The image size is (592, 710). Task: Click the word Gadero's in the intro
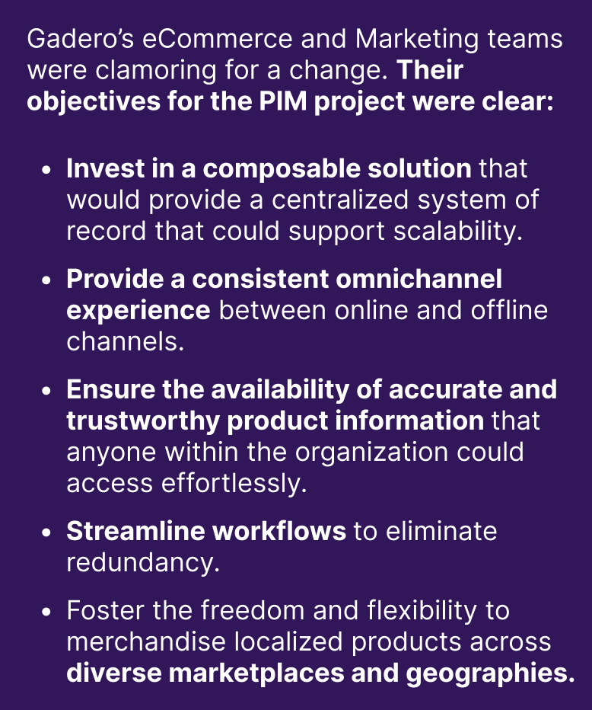click(81, 39)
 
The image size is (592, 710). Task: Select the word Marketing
click(416, 40)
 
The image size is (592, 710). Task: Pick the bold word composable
click(281, 169)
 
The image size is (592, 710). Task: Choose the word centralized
click(339, 200)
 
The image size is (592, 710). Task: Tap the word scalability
click(457, 232)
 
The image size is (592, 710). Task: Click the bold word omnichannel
click(419, 279)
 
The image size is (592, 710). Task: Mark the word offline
click(509, 310)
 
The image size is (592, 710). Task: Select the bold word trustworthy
click(142, 421)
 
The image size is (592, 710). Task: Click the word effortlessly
click(234, 484)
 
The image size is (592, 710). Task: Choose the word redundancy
click(143, 563)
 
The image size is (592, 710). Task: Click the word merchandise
click(146, 641)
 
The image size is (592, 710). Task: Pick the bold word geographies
click(490, 674)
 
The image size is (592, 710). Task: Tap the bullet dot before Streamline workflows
click(46, 533)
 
